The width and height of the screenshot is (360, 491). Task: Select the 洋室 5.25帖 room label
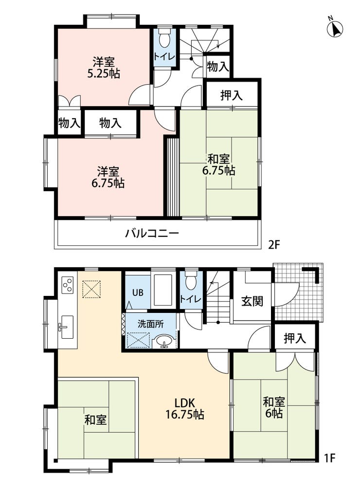tap(103, 67)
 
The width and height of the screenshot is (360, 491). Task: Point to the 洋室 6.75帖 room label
tap(108, 177)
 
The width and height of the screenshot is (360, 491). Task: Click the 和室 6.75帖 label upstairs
tap(219, 164)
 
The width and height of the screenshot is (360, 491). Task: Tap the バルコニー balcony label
tap(152, 233)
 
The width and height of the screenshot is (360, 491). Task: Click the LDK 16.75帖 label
tap(185, 408)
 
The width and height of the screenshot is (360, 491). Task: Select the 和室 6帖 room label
tap(274, 407)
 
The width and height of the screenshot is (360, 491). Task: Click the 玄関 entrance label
tap(252, 301)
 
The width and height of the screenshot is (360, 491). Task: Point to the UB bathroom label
tap(138, 292)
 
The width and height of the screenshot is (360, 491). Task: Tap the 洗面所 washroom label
tap(151, 324)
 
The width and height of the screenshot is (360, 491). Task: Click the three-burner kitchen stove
tap(67, 285)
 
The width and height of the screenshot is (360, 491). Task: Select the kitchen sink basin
tap(67, 327)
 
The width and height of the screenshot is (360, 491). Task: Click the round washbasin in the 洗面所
tap(164, 341)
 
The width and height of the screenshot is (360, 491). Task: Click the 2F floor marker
tap(273, 245)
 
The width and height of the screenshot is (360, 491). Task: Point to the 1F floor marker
tap(329, 458)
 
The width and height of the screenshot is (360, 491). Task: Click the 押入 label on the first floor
tap(295, 338)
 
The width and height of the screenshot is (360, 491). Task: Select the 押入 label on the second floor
tap(232, 95)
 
